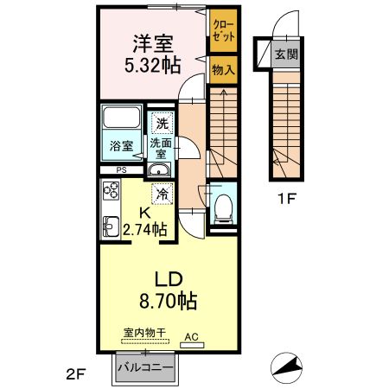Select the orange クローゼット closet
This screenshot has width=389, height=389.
[x=222, y=34]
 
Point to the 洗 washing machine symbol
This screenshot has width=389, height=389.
[x=162, y=124]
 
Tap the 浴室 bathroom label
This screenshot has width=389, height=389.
[x=121, y=146]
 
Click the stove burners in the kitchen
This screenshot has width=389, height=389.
[x=111, y=191]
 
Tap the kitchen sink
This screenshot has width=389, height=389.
[x=111, y=226]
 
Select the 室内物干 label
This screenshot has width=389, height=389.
[x=143, y=331]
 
